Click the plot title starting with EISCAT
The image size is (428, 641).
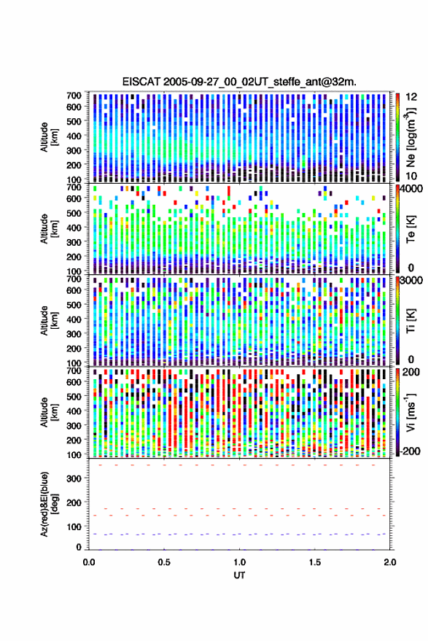tap(239, 82)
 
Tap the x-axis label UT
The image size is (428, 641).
tap(239, 575)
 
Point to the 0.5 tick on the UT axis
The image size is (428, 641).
tap(164, 562)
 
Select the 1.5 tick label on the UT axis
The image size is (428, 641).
tap(315, 562)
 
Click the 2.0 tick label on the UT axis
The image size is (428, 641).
tap(390, 562)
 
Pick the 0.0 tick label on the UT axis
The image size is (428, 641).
tap(89, 562)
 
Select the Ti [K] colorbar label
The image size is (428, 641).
tap(411, 321)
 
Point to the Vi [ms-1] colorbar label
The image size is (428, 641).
tap(411, 412)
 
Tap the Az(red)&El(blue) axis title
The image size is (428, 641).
tap(50, 505)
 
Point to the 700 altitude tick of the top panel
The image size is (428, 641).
tap(74, 96)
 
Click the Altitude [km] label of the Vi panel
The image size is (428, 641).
tap(49, 412)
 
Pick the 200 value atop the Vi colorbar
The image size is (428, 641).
tap(411, 372)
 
